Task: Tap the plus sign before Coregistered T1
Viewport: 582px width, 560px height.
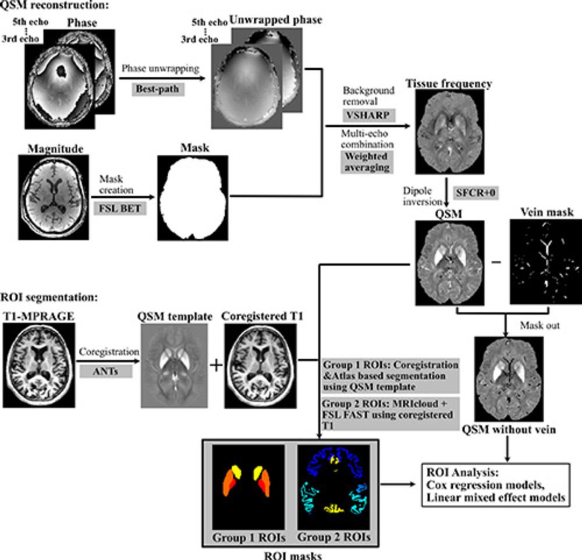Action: tap(217, 366)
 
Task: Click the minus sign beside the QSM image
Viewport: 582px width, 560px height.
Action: tap(496, 263)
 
